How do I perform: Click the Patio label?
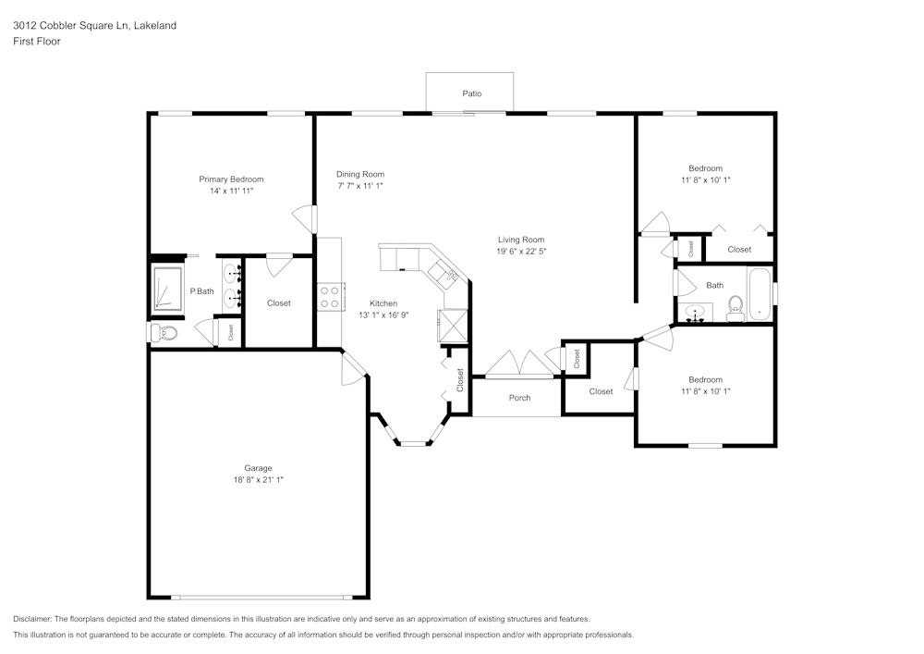471,93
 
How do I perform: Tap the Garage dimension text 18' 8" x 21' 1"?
259,480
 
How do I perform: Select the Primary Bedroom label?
231,179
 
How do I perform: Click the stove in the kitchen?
330,297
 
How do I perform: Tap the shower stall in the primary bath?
167,287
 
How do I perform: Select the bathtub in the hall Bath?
760,293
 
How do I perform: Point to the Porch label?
519,398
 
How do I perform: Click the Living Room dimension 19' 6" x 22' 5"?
521,252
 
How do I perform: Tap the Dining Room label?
360,174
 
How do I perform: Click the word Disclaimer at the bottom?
32,619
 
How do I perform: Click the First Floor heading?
37,42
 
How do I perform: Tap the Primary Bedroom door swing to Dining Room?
302,218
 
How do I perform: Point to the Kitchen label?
383,303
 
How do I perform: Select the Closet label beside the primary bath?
278,303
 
